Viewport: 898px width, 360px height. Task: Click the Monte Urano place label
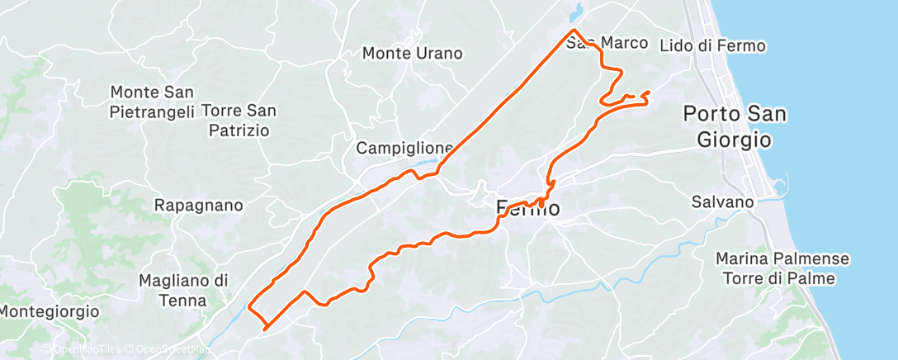[413, 54]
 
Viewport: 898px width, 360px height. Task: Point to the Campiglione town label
[404, 149]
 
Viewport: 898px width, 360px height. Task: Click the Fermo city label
[528, 209]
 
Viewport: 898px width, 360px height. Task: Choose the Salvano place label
[723, 202]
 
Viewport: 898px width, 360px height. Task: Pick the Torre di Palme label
[778, 278]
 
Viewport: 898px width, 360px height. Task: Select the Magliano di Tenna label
[183, 291]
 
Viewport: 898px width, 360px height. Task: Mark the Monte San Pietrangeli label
[152, 101]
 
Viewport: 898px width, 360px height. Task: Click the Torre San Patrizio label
[239, 120]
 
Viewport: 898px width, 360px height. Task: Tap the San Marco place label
[601, 42]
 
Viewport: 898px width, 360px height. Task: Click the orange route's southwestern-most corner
[265, 329]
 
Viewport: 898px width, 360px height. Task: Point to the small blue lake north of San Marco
[576, 12]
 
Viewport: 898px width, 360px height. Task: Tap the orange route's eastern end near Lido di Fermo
[650, 92]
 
